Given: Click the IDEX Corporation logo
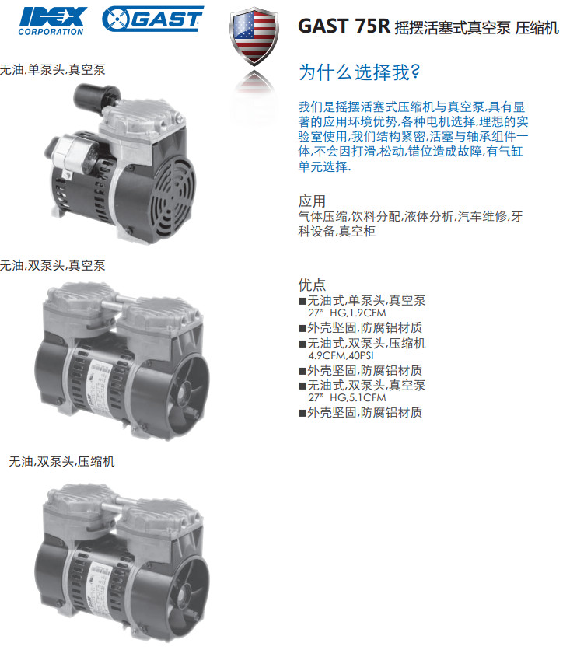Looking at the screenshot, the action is pyautogui.click(x=52, y=21).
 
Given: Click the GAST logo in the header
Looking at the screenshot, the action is pyautogui.click(x=152, y=19).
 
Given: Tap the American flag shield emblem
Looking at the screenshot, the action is pyautogui.click(x=254, y=36).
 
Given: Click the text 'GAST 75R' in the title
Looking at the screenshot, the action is pyautogui.click(x=344, y=26).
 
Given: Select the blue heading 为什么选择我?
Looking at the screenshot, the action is pyautogui.click(x=359, y=72).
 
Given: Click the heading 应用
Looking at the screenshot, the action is pyautogui.click(x=312, y=201).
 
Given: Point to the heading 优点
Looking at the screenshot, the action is pyautogui.click(x=312, y=285).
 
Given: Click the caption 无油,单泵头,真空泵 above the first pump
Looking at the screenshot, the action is pyautogui.click(x=52, y=69).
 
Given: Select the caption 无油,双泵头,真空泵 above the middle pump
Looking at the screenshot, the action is pyautogui.click(x=52, y=265).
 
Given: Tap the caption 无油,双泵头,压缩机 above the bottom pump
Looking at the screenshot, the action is pyautogui.click(x=61, y=461).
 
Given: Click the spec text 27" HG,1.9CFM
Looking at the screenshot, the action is pyautogui.click(x=347, y=313).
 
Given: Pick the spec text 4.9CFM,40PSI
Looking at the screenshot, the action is pyautogui.click(x=341, y=355).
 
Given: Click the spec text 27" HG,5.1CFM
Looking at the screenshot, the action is pyautogui.click(x=347, y=397).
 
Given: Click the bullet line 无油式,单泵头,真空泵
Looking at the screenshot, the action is pyautogui.click(x=366, y=301).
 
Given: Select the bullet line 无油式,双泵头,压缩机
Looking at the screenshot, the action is pyautogui.click(x=366, y=343).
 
